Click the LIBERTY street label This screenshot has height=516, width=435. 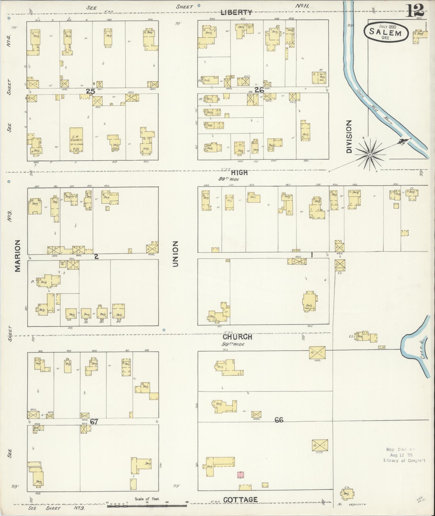click(237, 12)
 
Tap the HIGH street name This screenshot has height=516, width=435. click(239, 173)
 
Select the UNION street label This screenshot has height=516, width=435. click(176, 254)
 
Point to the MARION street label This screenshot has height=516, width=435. click(18, 255)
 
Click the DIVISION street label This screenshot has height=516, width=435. click(349, 137)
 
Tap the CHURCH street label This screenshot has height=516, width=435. click(237, 337)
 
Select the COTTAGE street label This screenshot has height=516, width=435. click(240, 500)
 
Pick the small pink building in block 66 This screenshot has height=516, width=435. click(241, 475)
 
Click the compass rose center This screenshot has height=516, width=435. click(370, 155)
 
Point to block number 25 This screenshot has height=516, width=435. click(91, 91)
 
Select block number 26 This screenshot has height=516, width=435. click(259, 90)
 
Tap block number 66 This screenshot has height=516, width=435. click(279, 420)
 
